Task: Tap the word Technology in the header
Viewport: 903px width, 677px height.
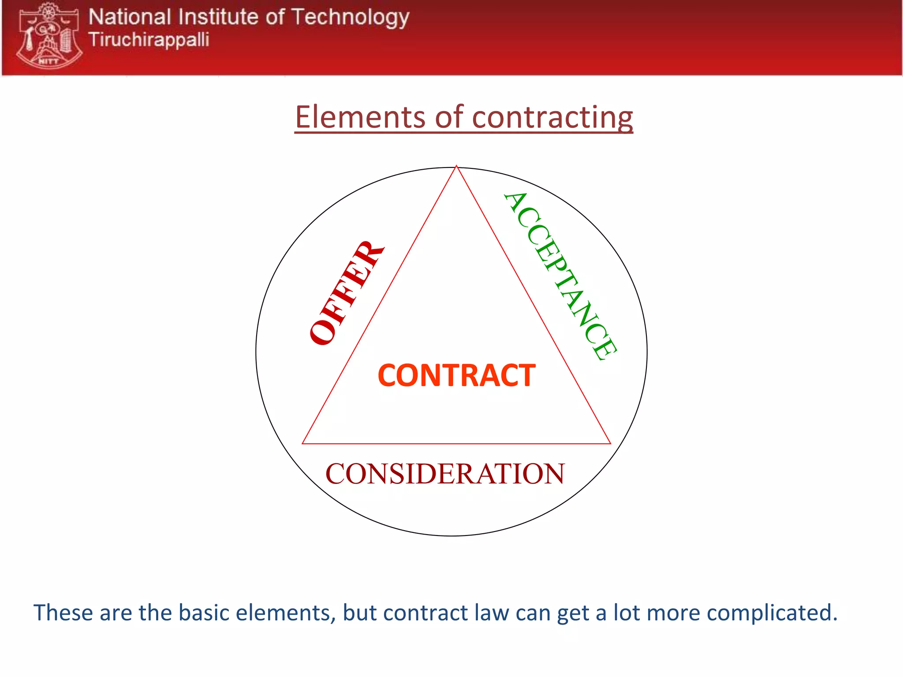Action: (x=350, y=18)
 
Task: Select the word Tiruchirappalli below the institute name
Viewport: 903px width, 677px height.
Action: (x=149, y=40)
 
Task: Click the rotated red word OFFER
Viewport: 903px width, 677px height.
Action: (x=346, y=294)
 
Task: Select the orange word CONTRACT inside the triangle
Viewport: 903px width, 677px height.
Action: (x=456, y=376)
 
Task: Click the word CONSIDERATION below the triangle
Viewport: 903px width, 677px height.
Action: (x=444, y=474)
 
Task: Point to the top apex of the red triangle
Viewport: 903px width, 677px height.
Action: (x=456, y=167)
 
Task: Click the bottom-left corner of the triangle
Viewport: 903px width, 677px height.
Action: (x=303, y=443)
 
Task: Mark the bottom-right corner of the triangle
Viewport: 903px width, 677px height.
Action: (x=610, y=443)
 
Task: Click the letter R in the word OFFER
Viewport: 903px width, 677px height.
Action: (x=369, y=253)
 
